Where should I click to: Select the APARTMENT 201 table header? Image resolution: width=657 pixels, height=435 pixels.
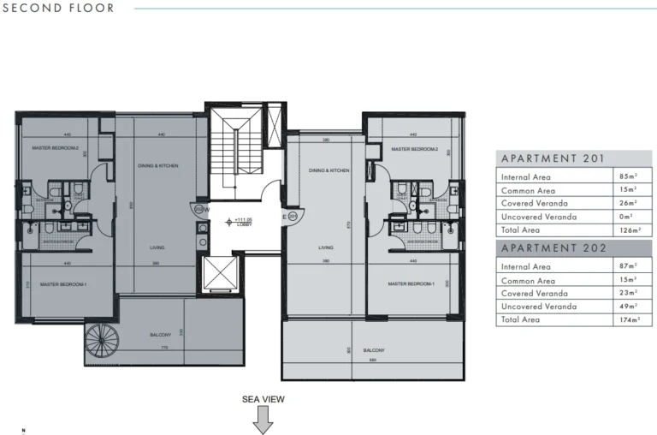coord(553,158)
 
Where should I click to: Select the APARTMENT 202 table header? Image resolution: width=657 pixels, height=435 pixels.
coord(553,248)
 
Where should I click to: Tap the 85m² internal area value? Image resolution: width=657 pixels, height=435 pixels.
coord(630,176)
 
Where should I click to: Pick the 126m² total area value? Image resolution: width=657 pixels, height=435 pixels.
coord(630,229)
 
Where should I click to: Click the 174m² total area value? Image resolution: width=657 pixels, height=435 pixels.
coord(630,319)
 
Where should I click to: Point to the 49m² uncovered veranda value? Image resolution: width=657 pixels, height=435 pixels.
coord(630,306)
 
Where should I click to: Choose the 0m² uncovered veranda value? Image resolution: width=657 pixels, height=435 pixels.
coord(630,217)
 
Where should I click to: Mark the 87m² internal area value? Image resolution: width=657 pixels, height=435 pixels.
coord(630,267)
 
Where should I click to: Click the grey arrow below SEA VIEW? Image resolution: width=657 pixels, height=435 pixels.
coord(263,420)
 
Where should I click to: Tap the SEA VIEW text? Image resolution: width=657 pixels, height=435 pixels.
coord(263,399)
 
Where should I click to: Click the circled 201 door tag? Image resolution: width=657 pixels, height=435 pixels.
coord(293,217)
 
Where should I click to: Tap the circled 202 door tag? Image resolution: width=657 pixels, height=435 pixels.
coord(198,208)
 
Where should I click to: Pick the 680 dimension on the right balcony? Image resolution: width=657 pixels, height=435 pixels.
coord(373,360)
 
